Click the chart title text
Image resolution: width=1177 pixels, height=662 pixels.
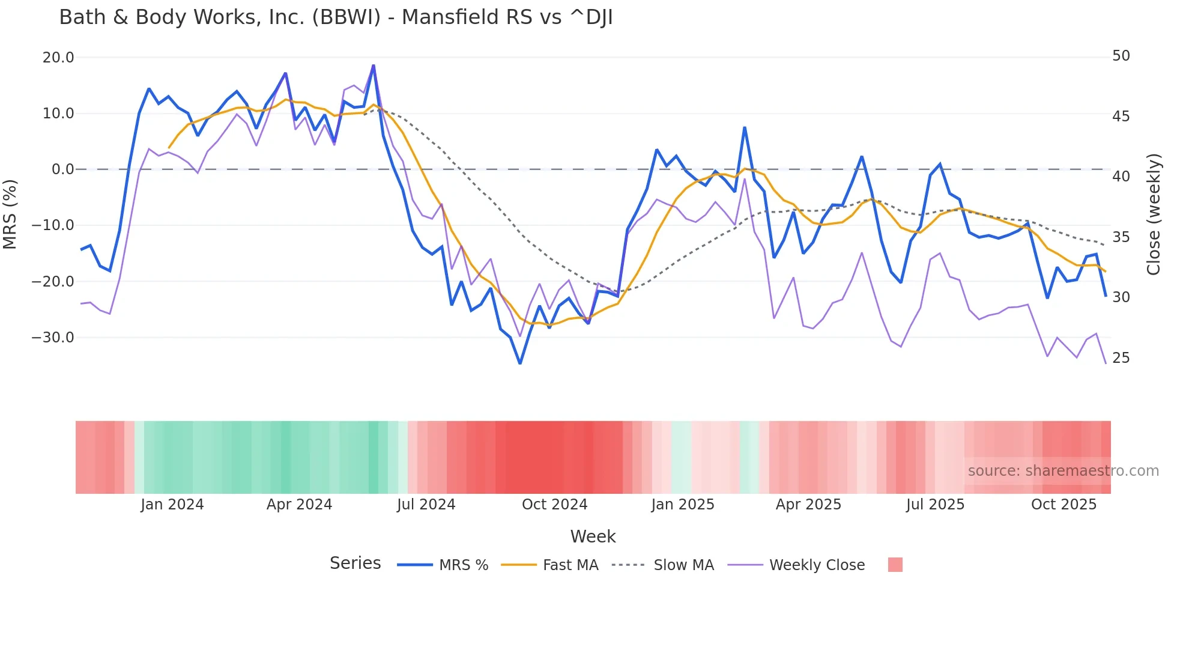(336, 17)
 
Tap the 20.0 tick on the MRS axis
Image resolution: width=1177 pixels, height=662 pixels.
(58, 58)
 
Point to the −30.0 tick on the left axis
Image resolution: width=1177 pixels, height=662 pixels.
(53, 338)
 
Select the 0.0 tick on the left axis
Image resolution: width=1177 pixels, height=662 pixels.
(62, 169)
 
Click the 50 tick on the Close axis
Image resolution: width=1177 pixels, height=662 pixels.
(1121, 56)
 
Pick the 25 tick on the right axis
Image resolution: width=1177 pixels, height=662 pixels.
(1121, 358)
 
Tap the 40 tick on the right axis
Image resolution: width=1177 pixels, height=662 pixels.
(1121, 177)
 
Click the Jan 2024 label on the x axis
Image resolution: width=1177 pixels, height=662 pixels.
(172, 505)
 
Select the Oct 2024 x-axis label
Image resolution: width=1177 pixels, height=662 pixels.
(554, 505)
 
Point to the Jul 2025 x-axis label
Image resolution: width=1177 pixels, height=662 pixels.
(935, 505)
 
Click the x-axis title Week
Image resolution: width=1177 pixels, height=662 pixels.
(593, 536)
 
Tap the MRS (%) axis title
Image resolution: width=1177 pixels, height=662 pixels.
(10, 214)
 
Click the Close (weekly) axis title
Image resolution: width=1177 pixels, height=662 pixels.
(1153, 214)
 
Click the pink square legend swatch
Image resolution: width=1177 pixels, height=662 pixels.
(895, 565)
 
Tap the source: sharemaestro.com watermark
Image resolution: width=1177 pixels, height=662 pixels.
(1063, 471)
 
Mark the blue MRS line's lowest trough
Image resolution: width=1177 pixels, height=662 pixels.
(520, 363)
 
